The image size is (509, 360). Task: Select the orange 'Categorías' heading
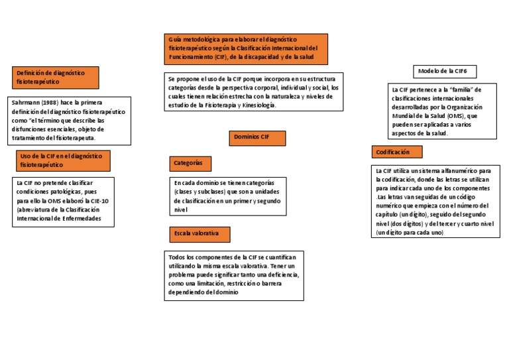(191, 163)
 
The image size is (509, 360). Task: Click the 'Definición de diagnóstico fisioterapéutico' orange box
(55, 77)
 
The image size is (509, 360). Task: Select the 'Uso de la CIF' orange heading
(62, 160)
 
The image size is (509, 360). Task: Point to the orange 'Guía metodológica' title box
(243, 48)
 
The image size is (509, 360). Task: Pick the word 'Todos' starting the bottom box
(177, 257)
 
